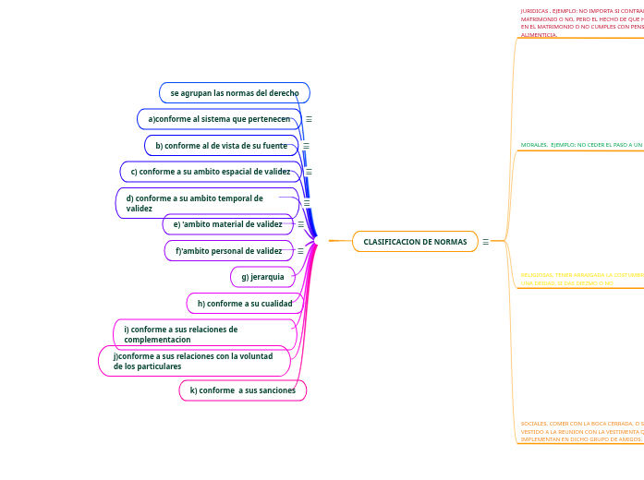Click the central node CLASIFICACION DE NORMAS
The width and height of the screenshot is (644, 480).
(x=415, y=242)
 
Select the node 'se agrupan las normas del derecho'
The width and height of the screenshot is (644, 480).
(x=235, y=93)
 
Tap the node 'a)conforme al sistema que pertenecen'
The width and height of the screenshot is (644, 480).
(x=219, y=119)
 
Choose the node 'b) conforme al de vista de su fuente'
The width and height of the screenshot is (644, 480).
(x=221, y=146)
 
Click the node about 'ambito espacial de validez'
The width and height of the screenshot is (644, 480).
(x=211, y=172)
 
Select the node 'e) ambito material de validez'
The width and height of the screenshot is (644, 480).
(x=228, y=224)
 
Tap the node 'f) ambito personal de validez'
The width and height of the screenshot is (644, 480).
(x=229, y=251)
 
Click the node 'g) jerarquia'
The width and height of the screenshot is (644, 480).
(x=263, y=277)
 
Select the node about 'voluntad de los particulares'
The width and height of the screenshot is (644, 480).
(x=194, y=361)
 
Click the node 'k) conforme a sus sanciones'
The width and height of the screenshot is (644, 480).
(x=243, y=390)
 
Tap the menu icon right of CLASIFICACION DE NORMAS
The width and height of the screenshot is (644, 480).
(x=486, y=242)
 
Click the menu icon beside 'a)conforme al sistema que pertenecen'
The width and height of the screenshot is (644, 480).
(x=309, y=119)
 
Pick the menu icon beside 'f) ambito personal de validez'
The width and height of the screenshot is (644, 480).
(x=300, y=251)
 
